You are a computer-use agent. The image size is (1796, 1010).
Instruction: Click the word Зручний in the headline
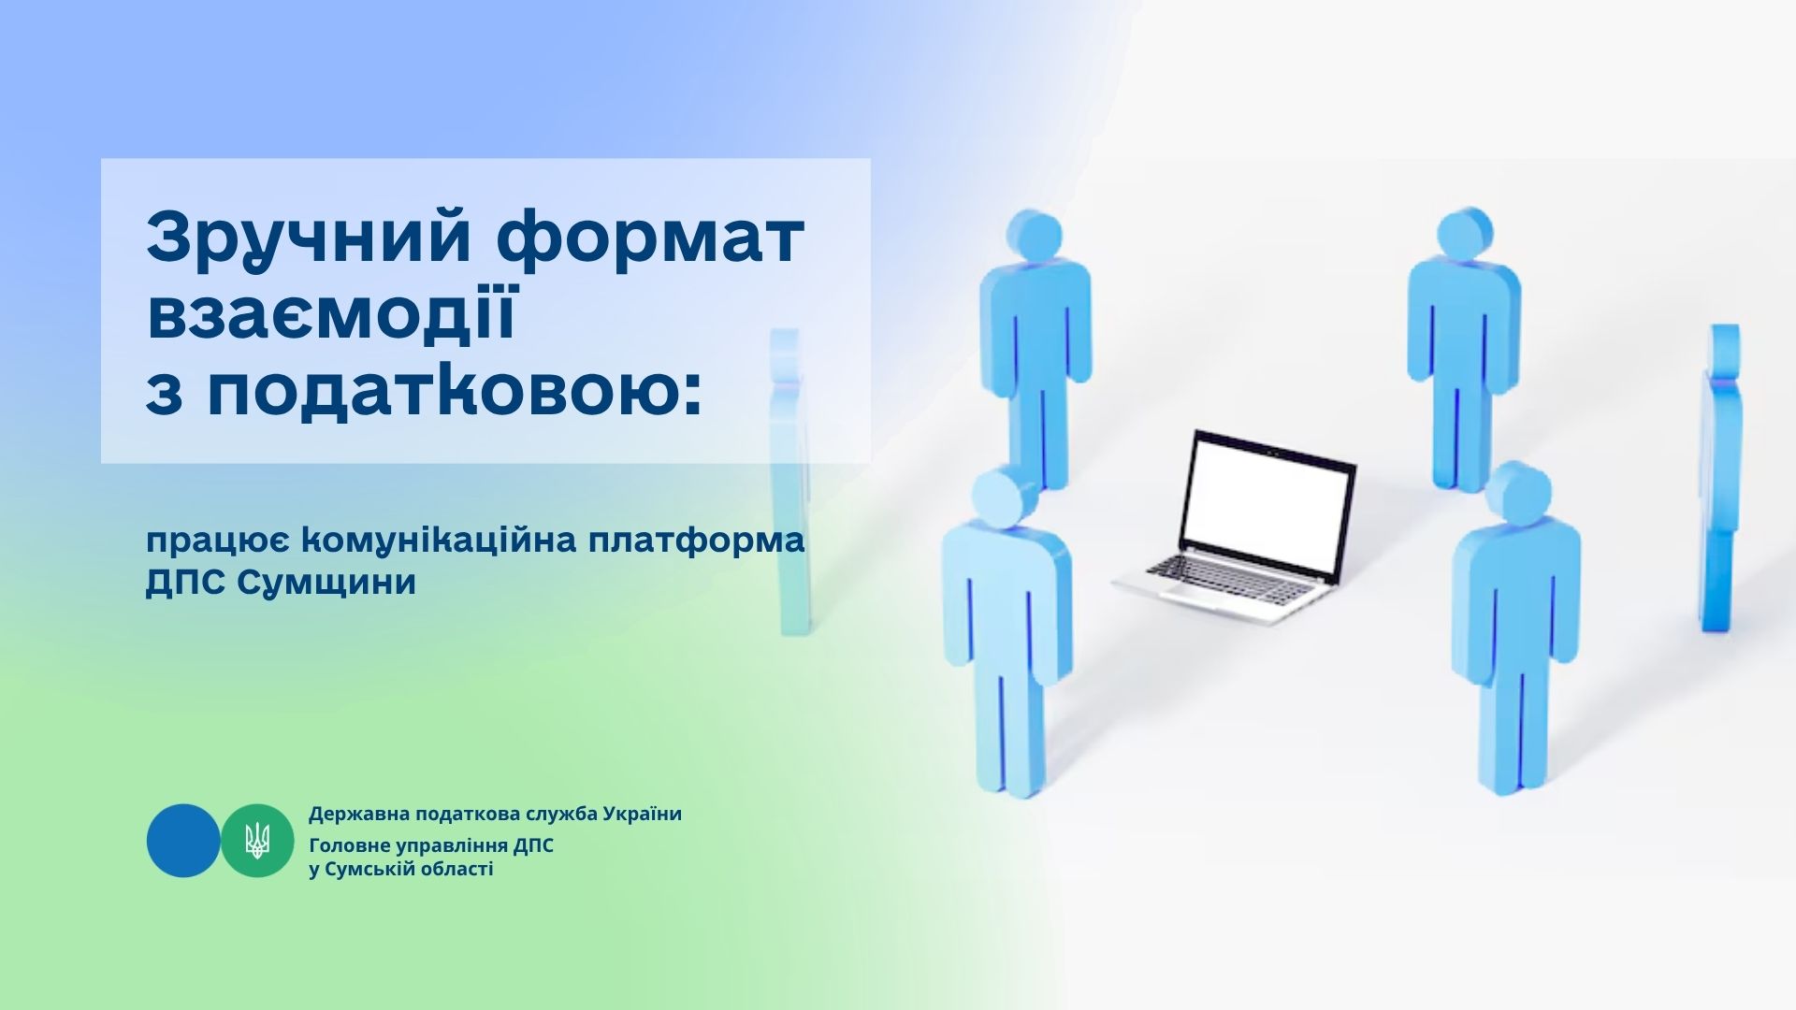tap(309, 239)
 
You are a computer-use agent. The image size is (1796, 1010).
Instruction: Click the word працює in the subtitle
tap(220, 542)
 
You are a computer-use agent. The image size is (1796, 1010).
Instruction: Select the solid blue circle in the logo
tap(183, 840)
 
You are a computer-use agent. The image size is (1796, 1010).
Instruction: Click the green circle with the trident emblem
tap(257, 840)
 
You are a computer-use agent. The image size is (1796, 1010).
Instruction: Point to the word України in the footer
tap(642, 814)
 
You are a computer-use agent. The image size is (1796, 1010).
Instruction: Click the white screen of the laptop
tap(1268, 511)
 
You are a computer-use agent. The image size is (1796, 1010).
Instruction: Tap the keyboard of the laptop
tap(1229, 580)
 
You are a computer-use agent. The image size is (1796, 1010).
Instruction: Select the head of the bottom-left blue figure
tap(1002, 497)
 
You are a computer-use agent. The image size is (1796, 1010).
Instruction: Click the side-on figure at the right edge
tap(1720, 477)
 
